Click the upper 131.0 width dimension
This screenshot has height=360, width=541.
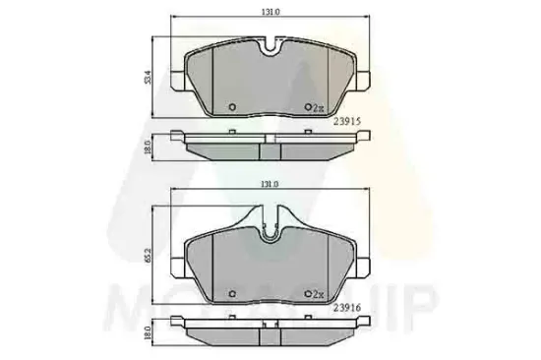[x=269, y=12]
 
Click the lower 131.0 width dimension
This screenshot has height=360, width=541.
[x=269, y=183]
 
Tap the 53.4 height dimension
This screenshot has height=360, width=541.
[x=149, y=76]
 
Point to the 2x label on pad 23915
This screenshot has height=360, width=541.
[x=318, y=108]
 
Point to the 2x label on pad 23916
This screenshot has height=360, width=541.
[x=318, y=293]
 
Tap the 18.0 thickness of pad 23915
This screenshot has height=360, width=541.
[x=149, y=147]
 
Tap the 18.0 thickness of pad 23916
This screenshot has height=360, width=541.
[x=149, y=332]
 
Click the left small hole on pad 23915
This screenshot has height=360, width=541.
[x=231, y=108]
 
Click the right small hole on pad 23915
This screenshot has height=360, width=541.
[x=306, y=108]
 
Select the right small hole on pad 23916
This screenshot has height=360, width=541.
[x=306, y=293]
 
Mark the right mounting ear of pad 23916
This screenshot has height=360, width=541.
[x=361, y=266]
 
